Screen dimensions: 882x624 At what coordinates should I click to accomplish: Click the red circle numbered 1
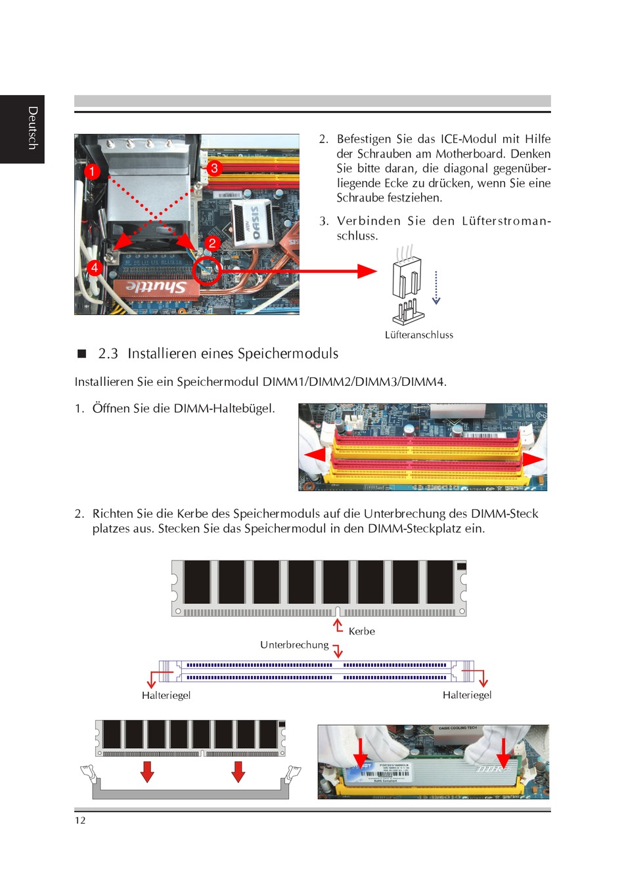coord(93,171)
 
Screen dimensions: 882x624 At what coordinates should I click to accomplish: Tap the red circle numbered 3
coord(214,168)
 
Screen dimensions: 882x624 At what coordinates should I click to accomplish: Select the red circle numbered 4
coord(95,268)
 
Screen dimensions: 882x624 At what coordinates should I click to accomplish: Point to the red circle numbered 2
coord(212,243)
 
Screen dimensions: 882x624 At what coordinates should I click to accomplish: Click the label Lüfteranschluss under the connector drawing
coord(419,335)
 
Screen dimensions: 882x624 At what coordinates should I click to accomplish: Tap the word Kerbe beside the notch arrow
coord(362,631)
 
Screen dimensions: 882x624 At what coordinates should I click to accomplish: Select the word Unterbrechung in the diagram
coord(294,645)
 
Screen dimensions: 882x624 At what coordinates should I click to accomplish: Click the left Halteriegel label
coord(166,695)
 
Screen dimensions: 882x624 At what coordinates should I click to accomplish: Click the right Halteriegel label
coord(467,695)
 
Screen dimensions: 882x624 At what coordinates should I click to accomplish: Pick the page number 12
coord(80,820)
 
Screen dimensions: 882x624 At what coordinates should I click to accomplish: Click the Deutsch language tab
coord(32,128)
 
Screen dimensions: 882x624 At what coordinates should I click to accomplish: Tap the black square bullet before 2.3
coord(82,354)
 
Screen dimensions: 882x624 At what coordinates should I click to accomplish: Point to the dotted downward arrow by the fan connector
coord(436,287)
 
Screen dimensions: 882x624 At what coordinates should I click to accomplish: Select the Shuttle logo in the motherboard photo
coord(156,287)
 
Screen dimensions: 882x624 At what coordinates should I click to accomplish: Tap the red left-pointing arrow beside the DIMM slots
coord(315,454)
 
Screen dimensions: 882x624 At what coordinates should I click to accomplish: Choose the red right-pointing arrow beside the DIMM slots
coord(533,459)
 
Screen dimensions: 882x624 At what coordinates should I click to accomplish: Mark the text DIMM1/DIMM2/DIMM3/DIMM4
coord(354,382)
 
